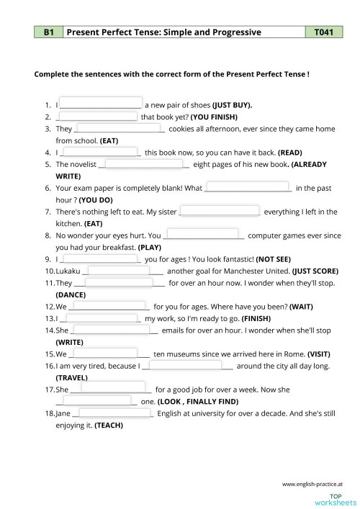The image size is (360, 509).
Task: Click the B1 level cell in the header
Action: (49, 32)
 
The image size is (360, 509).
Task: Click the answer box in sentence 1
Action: (100, 103)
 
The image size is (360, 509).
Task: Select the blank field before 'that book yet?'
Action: (96, 115)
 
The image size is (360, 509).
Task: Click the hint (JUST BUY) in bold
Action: (232, 104)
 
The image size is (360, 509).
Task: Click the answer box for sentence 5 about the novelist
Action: (144, 163)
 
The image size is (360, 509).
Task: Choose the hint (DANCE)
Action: (70, 294)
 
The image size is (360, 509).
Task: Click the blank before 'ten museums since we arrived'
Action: (105, 353)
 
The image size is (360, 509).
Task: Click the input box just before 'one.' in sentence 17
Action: (97, 400)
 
